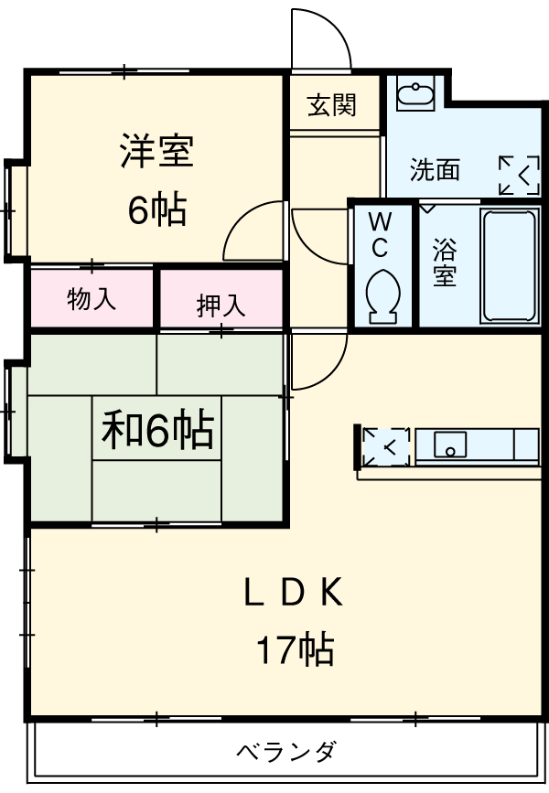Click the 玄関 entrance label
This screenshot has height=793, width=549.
[x=331, y=105]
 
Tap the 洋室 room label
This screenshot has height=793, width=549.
[x=156, y=152]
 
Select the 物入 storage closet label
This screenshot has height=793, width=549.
[x=92, y=299]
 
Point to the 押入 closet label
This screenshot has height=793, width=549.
[x=221, y=305]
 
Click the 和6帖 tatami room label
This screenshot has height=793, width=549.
[x=156, y=430]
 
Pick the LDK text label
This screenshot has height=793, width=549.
[x=293, y=595]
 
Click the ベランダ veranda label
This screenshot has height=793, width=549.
[x=287, y=752]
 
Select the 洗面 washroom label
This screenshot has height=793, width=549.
[x=435, y=169]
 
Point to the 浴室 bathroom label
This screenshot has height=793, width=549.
[x=445, y=263]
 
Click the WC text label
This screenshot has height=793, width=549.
[x=380, y=234]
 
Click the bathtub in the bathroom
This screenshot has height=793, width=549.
[x=508, y=265]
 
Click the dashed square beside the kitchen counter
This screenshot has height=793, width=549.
[x=383, y=446]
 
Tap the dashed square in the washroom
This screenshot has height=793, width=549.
[x=519, y=174]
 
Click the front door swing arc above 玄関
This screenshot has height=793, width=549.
[x=322, y=38]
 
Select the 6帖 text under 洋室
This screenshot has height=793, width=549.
[x=156, y=211]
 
